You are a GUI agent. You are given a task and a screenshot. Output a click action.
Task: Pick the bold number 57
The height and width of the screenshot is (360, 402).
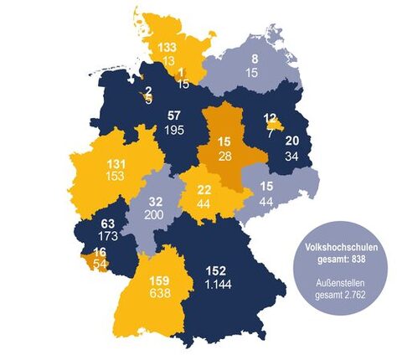(175, 115)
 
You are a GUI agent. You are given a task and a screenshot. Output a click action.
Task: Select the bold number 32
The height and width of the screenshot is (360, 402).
(156, 202)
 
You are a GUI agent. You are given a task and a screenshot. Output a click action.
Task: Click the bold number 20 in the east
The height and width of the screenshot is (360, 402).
(291, 141)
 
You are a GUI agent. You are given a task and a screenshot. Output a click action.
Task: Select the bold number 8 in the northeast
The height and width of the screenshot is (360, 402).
(254, 59)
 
